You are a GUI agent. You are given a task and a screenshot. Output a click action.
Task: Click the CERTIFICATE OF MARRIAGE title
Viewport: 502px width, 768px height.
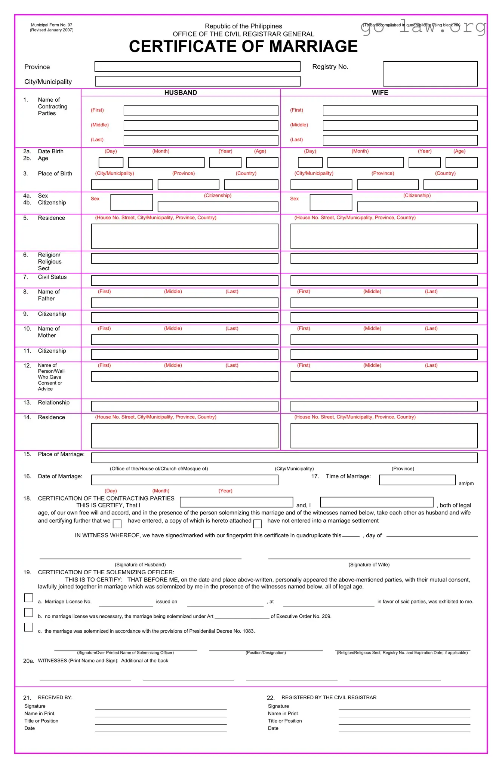click(x=243, y=47)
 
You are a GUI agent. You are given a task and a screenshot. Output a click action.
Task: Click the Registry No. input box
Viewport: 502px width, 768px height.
click(x=430, y=74)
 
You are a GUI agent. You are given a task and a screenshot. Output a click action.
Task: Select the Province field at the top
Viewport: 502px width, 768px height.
click(x=197, y=67)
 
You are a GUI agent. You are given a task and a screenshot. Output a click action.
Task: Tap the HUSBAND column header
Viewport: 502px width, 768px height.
click(x=181, y=93)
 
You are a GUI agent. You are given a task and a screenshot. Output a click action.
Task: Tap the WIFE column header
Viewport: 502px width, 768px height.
click(x=380, y=93)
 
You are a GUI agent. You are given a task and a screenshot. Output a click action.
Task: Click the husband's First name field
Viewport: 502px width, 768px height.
click(x=201, y=111)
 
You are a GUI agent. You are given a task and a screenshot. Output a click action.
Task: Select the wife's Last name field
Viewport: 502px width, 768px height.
click(x=400, y=140)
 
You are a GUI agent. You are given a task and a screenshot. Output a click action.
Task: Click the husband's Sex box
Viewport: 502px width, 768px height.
click(x=132, y=202)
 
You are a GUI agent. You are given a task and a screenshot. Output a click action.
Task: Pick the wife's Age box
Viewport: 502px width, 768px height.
click(x=461, y=162)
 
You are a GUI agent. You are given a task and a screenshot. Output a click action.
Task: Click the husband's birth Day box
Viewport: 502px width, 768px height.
click(x=111, y=162)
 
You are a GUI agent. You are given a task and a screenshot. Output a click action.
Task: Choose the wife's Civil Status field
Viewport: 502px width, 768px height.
click(x=384, y=280)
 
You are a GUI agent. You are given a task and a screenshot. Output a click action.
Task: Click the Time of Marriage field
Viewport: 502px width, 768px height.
click(x=417, y=480)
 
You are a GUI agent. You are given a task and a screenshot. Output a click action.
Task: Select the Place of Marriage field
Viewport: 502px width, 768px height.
click(x=284, y=458)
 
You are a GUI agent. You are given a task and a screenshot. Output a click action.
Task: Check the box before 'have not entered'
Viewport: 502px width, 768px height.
click(x=257, y=524)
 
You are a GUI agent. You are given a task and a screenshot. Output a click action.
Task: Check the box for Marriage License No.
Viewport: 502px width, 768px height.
click(x=28, y=598)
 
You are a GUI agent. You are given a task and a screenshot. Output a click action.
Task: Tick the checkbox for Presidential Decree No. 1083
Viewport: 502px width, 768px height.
click(x=28, y=627)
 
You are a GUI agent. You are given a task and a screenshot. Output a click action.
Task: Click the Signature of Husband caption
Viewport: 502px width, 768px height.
click(x=140, y=565)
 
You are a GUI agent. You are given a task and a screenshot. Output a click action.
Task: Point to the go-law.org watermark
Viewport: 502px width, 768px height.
click(x=424, y=27)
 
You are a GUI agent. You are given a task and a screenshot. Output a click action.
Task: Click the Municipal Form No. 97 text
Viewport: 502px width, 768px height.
click(x=52, y=25)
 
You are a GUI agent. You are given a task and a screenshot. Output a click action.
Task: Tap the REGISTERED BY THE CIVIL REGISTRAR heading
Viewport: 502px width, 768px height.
click(x=329, y=697)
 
